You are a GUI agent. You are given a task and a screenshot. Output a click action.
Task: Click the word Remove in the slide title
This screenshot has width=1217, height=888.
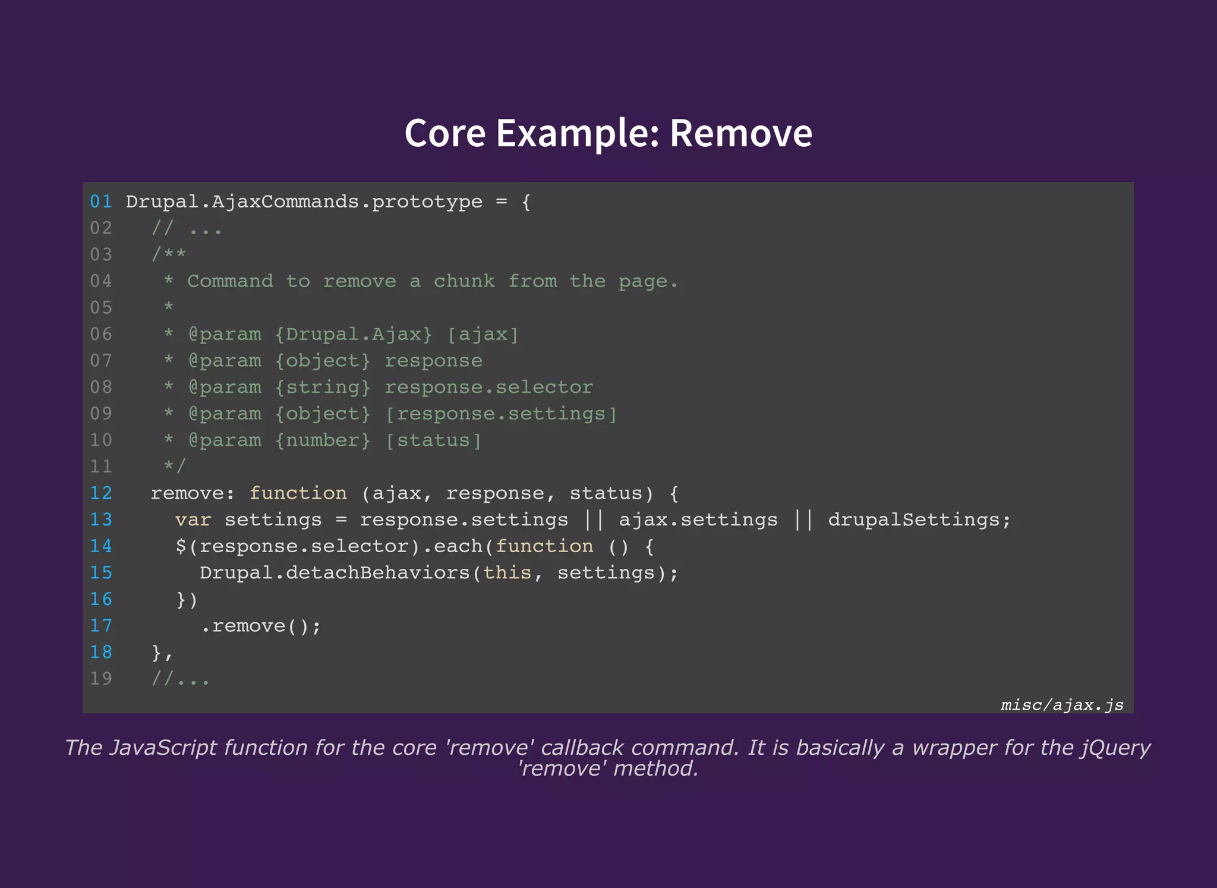pos(740,133)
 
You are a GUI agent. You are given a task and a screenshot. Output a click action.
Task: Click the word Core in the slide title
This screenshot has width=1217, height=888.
pos(444,133)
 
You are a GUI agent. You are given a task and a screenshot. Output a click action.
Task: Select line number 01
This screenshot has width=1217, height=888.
pos(101,202)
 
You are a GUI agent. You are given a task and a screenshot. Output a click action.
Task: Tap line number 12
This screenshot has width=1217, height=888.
pos(101,493)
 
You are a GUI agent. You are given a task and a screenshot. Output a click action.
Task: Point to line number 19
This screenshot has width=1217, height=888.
pos(101,679)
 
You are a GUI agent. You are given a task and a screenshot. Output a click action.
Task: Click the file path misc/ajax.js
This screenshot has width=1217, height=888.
pos(1062,705)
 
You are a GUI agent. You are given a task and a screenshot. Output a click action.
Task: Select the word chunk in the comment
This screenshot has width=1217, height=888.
pos(464,281)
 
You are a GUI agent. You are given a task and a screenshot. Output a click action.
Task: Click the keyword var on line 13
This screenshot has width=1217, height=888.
pos(193,520)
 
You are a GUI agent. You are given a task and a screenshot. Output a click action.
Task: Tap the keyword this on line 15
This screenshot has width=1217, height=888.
pos(507,573)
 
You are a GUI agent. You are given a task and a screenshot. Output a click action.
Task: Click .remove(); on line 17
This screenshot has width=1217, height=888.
pos(261,626)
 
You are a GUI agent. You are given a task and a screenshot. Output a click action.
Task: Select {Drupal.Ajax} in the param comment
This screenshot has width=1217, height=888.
pos(353,335)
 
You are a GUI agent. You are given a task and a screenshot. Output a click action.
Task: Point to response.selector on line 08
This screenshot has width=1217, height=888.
pos(488,388)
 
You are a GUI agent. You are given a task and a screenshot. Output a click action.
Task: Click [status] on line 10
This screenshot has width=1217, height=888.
pos(433,440)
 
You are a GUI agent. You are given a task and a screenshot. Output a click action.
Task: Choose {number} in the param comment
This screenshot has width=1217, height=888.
pos(323,440)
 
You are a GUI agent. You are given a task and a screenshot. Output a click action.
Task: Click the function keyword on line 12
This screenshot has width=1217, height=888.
pos(298,493)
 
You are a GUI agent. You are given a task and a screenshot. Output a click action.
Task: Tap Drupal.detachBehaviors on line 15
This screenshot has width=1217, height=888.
pos(335,573)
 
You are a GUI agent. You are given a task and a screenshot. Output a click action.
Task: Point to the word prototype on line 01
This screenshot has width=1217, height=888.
pos(427,202)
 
